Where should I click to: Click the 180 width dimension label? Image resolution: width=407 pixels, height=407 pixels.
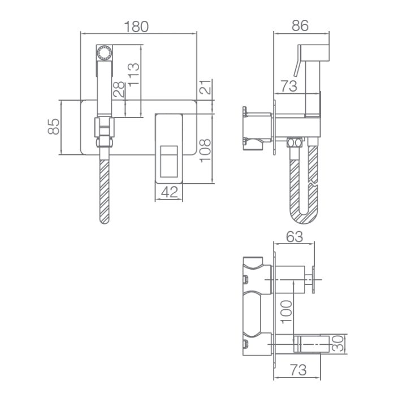click(136, 27)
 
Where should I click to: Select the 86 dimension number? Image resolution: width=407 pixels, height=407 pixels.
click(300, 25)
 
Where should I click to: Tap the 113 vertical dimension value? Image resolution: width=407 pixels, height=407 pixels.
click(134, 75)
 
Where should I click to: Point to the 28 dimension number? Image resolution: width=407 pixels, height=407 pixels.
click(119, 89)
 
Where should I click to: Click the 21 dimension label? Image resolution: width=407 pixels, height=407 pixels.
click(205, 87)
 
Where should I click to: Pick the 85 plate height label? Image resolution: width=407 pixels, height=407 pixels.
click(54, 127)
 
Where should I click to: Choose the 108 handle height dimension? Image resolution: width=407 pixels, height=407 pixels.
click(205, 150)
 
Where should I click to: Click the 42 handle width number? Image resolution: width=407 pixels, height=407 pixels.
click(170, 192)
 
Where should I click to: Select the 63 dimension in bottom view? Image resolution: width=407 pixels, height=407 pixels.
click(295, 237)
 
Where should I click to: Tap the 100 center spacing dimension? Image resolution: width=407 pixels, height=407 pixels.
click(287, 312)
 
